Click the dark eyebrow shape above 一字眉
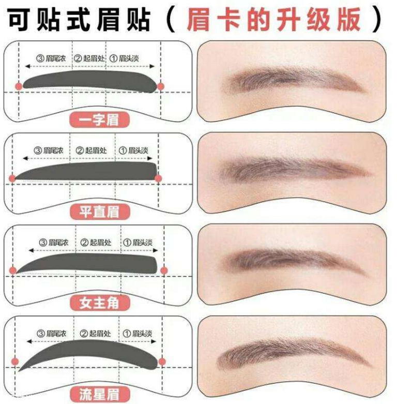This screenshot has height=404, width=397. point(88,82)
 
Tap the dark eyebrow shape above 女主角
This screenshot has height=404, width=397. point(88,263)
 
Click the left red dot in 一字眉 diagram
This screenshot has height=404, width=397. point(19,85)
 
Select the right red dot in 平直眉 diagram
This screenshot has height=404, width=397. point(158,178)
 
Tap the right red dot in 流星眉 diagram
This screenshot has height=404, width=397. point(162,360)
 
